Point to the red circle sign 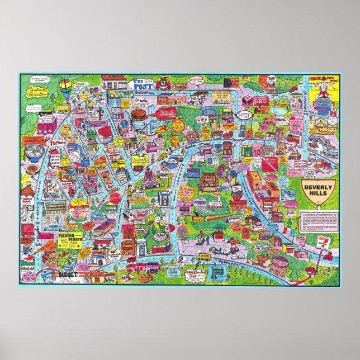tap(114, 197)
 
